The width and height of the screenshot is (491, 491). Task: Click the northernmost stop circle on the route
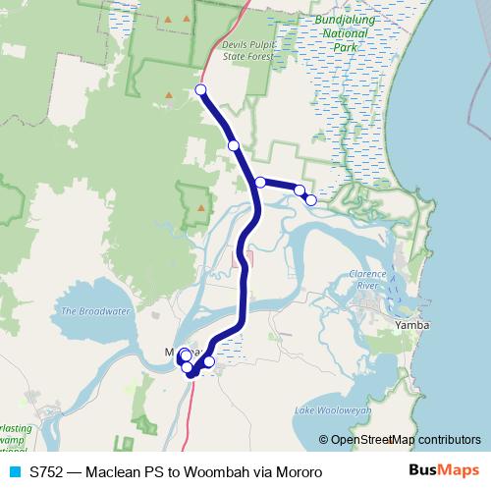coord(201,90)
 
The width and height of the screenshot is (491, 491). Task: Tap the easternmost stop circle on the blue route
coord(311,200)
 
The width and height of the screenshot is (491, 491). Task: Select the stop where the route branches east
coord(260,182)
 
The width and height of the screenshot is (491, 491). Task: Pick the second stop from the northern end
coord(234,145)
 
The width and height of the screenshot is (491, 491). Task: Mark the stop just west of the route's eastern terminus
coord(300,191)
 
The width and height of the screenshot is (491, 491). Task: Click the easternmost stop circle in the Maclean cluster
coord(208,361)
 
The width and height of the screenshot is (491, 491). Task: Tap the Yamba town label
coord(411,324)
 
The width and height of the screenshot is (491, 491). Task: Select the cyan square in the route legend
coord(14,472)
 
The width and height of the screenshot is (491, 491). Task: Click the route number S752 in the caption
coord(48,472)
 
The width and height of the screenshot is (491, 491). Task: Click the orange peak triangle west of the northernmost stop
coord(169,95)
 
